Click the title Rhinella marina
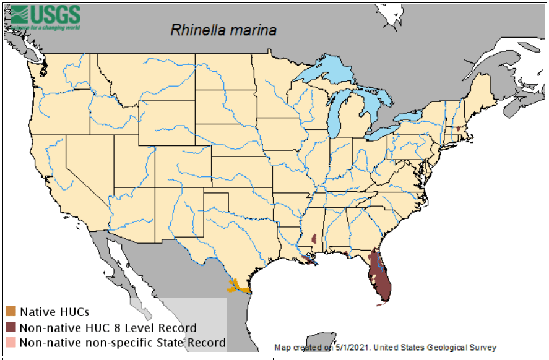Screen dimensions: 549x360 (x=223, y=30)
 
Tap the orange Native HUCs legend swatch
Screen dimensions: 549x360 (x=11, y=311)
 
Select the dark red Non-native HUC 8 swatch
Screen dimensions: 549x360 (x=11, y=327)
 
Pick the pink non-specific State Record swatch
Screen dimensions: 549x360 (x=11, y=342)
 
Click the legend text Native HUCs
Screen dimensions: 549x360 (x=54, y=312)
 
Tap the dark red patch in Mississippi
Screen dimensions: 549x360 (x=314, y=238)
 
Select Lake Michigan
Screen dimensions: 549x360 (x=335, y=114)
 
